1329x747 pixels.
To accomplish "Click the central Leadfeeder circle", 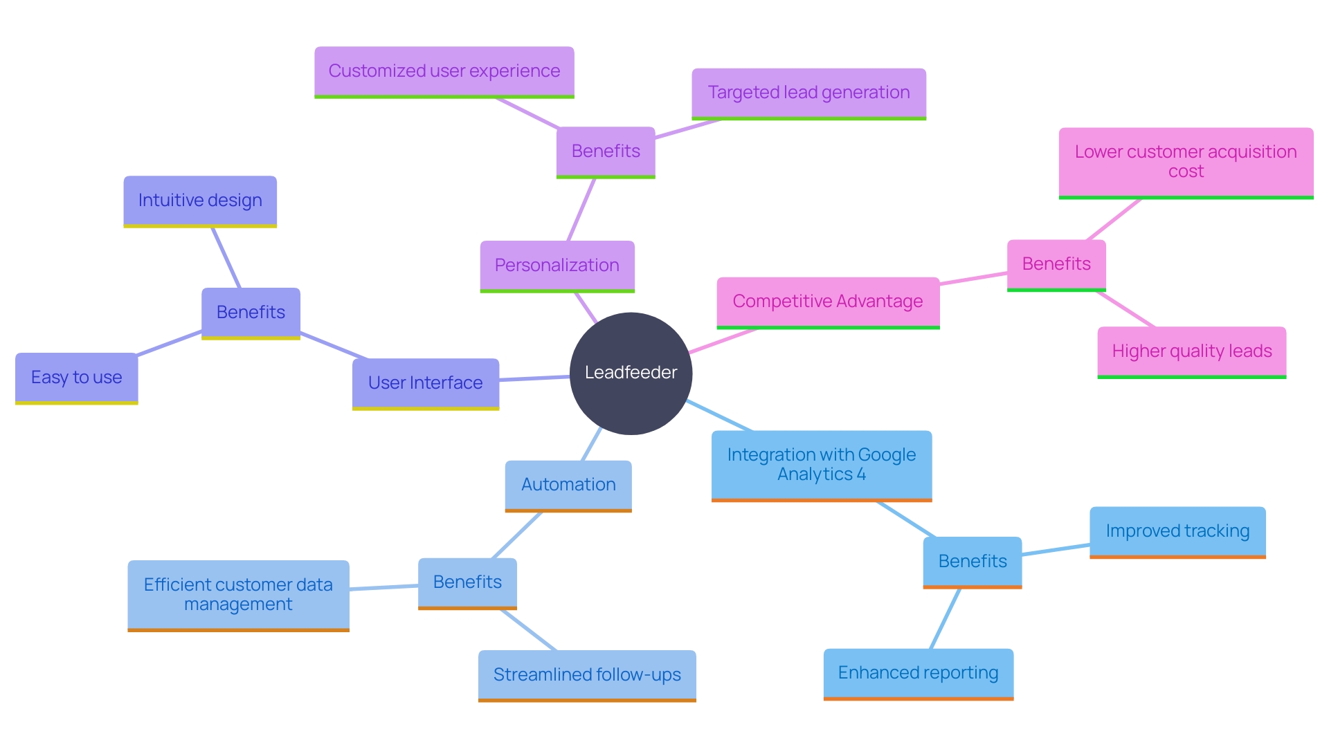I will (631, 373).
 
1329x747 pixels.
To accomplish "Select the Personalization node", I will (557, 266).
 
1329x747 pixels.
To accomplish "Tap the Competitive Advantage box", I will (828, 302).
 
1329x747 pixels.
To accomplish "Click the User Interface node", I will (426, 382).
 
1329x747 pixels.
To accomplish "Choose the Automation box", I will (568, 485).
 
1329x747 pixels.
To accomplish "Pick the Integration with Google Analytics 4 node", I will (822, 465).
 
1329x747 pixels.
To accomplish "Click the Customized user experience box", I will (444, 71).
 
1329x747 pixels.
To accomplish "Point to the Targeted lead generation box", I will (808, 93).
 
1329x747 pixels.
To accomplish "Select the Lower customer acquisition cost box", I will (1186, 162).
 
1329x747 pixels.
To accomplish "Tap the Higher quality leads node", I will (1192, 351).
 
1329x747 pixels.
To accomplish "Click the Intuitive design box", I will (200, 201).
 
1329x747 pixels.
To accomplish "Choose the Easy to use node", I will (77, 378).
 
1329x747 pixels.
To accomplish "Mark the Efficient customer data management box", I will (238, 595).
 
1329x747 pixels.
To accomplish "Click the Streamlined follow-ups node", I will (587, 675).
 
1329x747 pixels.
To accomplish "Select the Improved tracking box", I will (1177, 531).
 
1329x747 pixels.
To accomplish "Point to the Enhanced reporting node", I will (918, 673).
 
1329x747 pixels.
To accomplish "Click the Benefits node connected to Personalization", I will (606, 151).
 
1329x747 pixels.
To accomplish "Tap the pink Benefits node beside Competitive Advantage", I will (1056, 264).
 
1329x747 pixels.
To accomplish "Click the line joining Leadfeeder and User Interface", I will (534, 378).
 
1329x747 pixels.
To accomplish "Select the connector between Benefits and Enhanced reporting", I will (946, 618).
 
